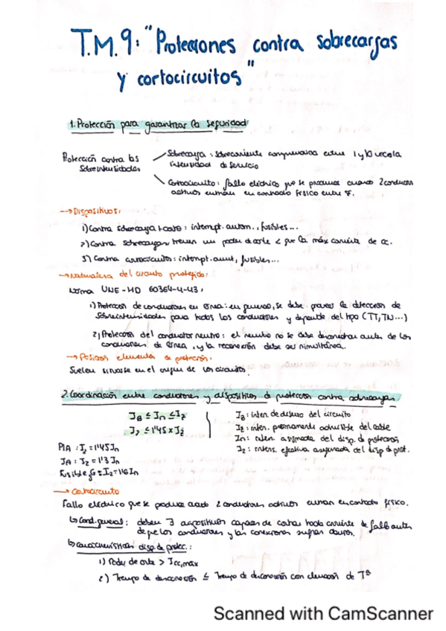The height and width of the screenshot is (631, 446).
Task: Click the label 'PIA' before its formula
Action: click(64, 449)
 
